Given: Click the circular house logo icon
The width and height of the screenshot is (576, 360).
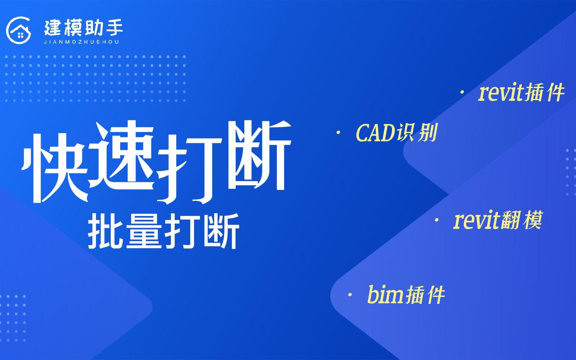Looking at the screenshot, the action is [x=19, y=30].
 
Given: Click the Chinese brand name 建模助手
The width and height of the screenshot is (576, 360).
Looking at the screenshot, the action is [x=84, y=28].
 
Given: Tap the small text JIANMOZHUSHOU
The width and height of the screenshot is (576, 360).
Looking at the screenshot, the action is [x=81, y=42].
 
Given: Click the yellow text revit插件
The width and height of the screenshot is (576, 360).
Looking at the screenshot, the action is [x=521, y=92].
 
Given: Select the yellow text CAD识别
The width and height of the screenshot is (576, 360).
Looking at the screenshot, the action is [x=397, y=133].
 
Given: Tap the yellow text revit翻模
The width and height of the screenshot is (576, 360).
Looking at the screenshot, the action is [x=498, y=220].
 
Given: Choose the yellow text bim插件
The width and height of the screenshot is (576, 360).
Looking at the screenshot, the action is [x=406, y=295].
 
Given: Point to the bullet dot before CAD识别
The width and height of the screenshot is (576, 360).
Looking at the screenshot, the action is [x=339, y=133].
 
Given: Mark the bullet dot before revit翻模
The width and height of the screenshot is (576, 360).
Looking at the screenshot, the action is [x=437, y=220].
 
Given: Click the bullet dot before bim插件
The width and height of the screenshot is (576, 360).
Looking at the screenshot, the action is [x=350, y=295].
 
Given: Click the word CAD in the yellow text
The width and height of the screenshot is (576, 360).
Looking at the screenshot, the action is [x=375, y=133].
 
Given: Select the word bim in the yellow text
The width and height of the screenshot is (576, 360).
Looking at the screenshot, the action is [x=386, y=295].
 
